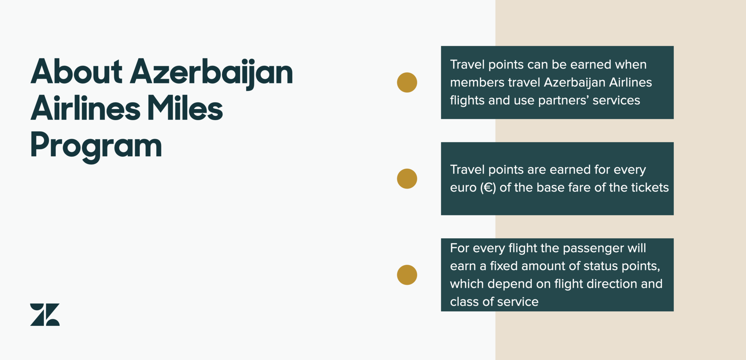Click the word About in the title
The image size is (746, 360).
77,72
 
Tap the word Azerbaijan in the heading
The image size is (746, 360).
211,74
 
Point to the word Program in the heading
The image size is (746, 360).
96,147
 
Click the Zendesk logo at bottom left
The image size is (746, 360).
45,315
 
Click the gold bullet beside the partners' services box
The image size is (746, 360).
407,82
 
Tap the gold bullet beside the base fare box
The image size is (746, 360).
407,179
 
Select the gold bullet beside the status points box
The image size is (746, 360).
407,275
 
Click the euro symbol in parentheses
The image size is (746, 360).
488,188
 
